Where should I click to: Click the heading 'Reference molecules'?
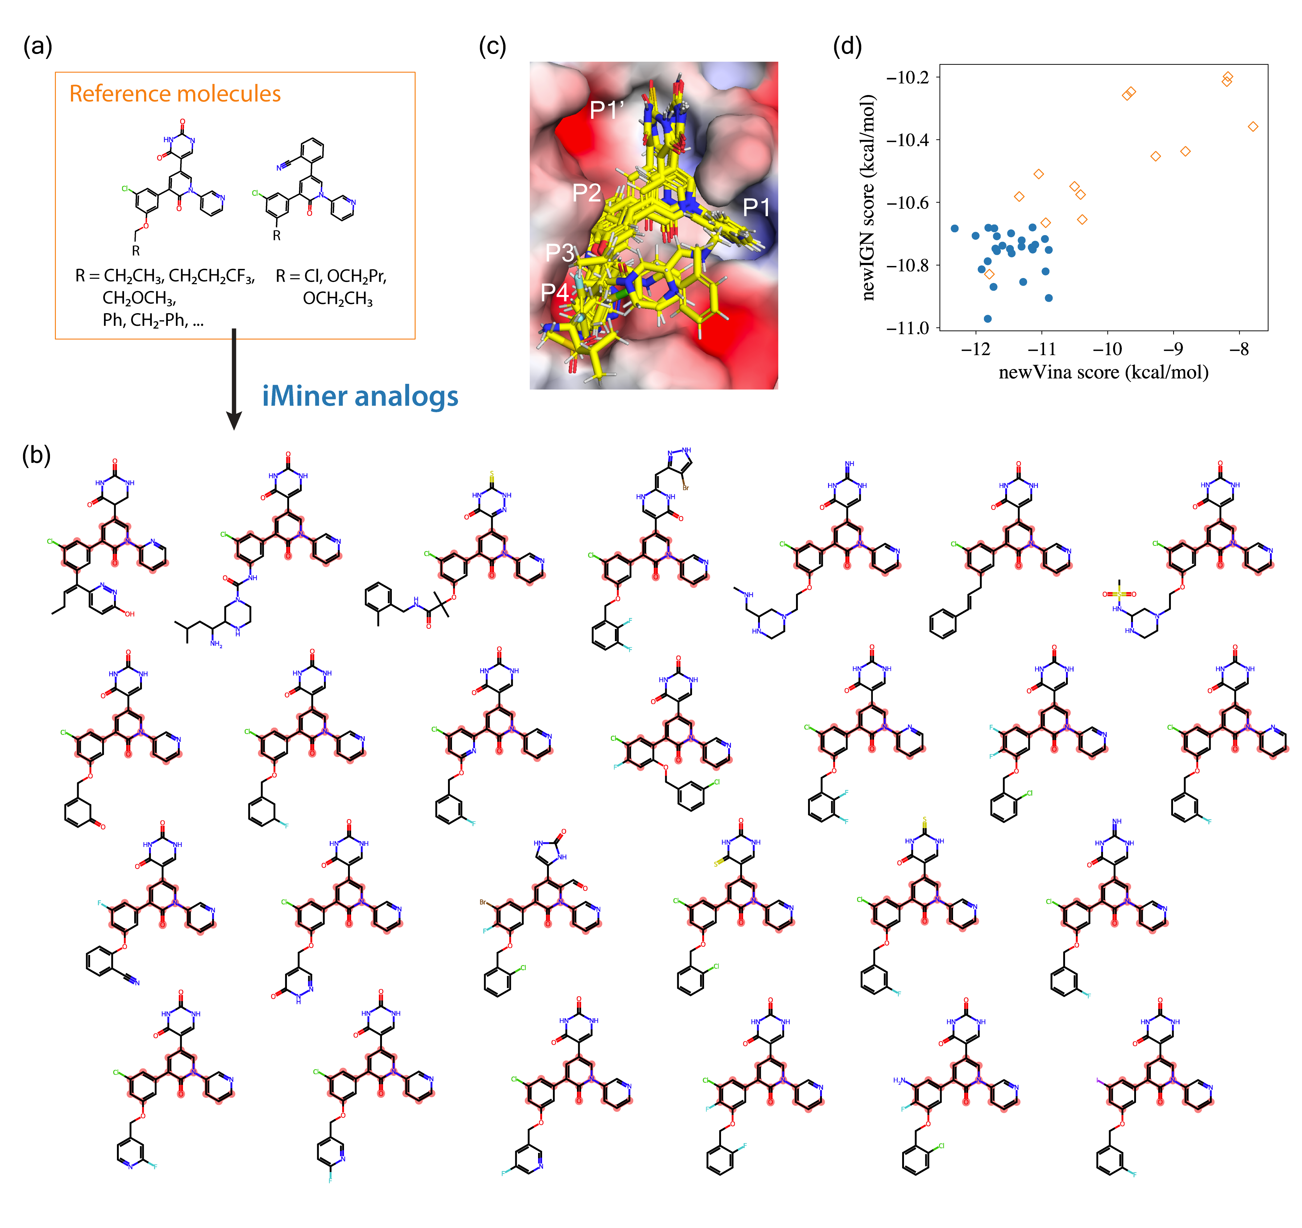point(175,94)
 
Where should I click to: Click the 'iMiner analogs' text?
point(360,396)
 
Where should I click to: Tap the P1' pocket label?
point(606,109)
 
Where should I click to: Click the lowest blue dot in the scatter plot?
point(988,319)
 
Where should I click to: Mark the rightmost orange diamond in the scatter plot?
point(1253,127)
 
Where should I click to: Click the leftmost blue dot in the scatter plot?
point(955,229)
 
